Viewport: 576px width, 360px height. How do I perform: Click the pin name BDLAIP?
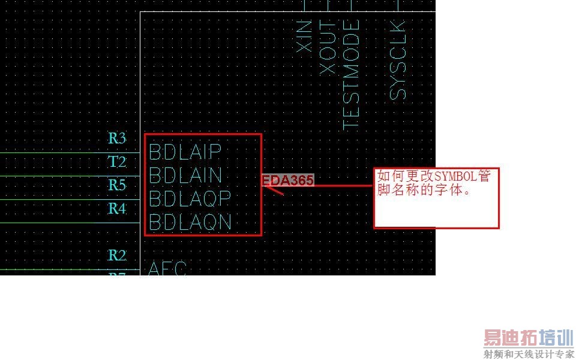click(185, 151)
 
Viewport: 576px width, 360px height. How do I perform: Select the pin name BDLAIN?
click(185, 175)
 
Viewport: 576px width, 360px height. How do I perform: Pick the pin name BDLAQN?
click(190, 222)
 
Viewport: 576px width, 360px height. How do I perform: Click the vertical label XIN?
click(305, 35)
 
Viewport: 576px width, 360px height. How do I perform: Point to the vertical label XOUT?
click(328, 48)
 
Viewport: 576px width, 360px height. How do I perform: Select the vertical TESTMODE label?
click(351, 74)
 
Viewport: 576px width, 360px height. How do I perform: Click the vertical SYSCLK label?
click(398, 60)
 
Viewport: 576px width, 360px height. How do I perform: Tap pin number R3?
click(117, 139)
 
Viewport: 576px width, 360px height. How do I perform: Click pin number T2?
click(117, 162)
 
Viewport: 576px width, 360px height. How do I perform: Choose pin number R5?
click(117, 185)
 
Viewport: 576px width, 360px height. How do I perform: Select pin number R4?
click(117, 209)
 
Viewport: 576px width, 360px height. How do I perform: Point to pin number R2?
click(117, 256)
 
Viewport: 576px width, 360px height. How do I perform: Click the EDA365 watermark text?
click(288, 180)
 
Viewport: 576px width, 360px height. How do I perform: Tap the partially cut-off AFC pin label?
click(167, 268)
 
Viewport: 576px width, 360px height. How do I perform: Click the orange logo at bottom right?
click(529, 338)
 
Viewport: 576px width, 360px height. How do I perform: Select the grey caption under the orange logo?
click(529, 354)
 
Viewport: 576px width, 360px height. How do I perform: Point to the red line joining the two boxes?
click(342, 185)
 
